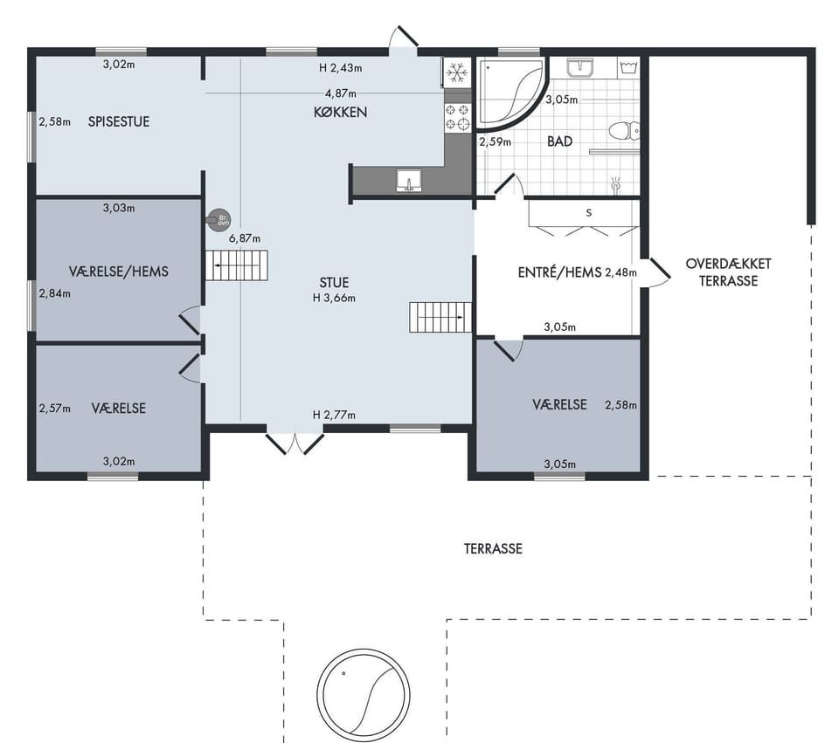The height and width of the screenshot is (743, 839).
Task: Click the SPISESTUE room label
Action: point(119,122)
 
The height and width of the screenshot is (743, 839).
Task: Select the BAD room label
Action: point(559,141)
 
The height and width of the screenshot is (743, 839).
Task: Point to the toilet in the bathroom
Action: point(624,131)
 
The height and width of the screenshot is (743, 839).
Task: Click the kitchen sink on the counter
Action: point(409,180)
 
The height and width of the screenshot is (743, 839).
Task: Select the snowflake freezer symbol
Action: point(456,72)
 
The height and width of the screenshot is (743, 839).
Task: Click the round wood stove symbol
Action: point(220,220)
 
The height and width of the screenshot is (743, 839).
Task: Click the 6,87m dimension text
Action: point(245,238)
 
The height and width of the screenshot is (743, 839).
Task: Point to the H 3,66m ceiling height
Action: point(334,299)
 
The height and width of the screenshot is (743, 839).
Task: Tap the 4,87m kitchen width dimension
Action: point(341,93)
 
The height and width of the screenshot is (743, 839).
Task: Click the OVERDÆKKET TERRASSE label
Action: point(728,272)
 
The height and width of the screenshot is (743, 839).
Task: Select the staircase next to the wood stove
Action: point(237,265)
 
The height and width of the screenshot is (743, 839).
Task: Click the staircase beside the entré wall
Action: point(440,317)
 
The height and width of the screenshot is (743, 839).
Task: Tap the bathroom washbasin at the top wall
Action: point(580,68)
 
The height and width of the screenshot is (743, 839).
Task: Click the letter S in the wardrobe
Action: point(589,213)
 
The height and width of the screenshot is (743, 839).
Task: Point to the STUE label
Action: point(334,283)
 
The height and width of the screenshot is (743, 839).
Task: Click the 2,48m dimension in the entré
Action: point(621,272)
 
